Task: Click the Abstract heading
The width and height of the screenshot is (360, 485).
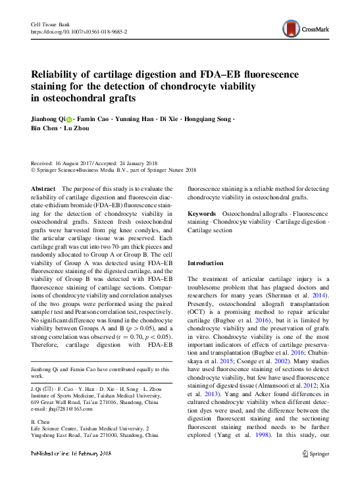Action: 43,189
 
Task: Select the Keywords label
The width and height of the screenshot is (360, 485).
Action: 202,214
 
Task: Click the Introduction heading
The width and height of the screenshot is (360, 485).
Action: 206,263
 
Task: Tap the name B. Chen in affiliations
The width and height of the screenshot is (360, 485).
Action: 41,421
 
